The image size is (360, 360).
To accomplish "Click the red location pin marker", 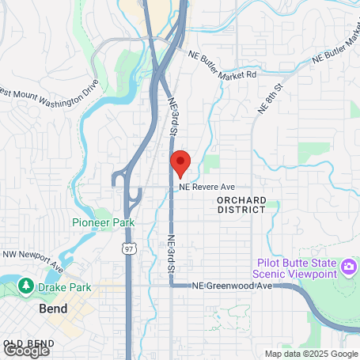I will click(x=180, y=161).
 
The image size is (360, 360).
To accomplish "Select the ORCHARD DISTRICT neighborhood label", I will click(x=241, y=205).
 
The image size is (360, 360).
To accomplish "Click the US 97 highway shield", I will click(x=129, y=248).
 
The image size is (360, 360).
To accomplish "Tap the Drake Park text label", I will click(x=67, y=286).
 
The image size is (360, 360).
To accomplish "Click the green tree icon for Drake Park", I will click(x=26, y=286).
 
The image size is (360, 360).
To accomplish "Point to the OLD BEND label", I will click(x=24, y=343).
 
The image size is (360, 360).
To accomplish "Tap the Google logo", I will click(x=26, y=349).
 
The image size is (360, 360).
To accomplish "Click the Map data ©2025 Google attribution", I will click(x=310, y=354).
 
